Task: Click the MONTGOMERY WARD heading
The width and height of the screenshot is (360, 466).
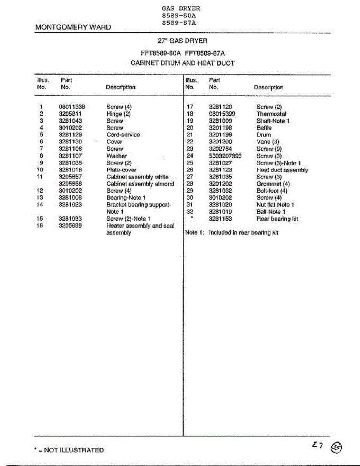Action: coord(73,27)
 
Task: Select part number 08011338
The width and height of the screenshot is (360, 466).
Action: coord(72,107)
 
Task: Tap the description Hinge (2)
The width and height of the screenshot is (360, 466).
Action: coord(118,114)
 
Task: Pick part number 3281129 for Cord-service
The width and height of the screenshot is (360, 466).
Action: coord(70,135)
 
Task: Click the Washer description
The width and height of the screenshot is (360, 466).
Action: coord(117,156)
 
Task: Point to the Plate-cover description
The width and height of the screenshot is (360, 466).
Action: coord(121,170)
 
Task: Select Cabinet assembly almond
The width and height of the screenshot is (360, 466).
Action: coord(140,184)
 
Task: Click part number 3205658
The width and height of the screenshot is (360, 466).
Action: coord(70,184)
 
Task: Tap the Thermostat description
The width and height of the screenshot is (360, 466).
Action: coord(271,114)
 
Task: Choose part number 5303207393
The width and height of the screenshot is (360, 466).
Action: coord(225,156)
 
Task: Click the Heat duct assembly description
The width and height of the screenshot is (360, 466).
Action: coord(282,170)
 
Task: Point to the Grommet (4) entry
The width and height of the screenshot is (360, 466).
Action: coord(273,184)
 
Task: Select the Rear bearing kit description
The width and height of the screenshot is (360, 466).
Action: coord(277,219)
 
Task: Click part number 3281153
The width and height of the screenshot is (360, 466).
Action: coord(221,219)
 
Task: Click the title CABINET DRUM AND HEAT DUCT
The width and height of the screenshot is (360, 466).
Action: coord(183,63)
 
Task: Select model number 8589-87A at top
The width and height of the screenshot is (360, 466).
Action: coord(179,23)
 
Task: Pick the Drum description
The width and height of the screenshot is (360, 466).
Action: coord(264,135)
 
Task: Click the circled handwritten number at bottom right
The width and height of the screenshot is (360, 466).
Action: coord(336,448)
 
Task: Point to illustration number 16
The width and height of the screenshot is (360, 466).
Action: coord(39,226)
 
